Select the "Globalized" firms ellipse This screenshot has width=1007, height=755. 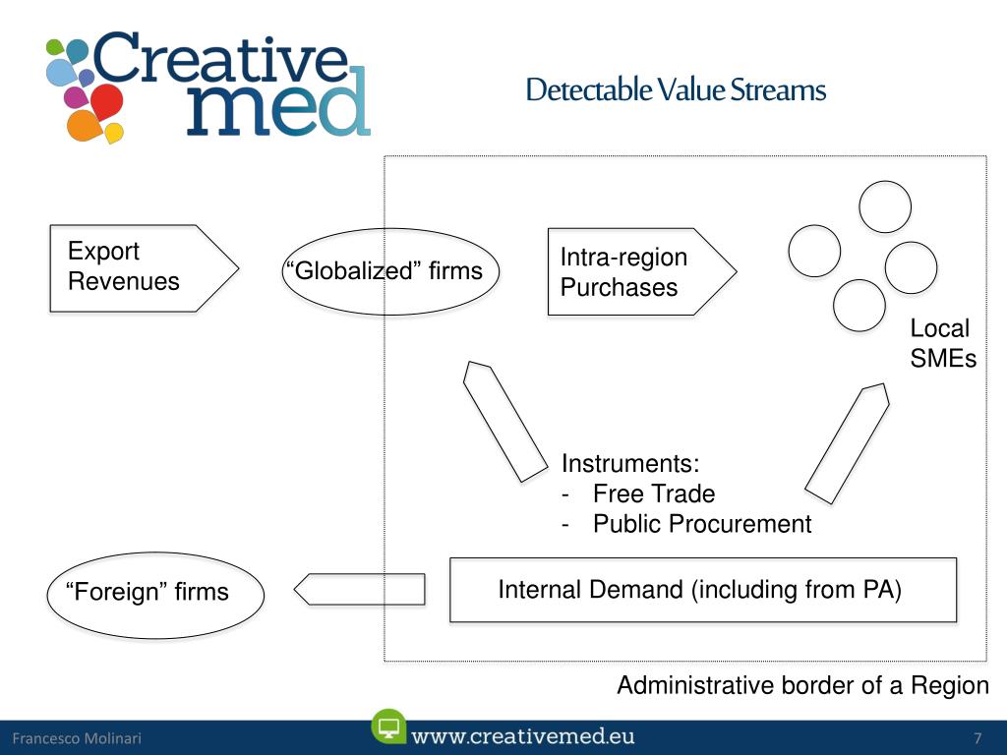click(x=389, y=271)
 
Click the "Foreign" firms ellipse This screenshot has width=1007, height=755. click(x=155, y=592)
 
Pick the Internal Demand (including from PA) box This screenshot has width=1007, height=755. click(x=702, y=590)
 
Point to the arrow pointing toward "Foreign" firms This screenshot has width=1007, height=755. click(x=360, y=590)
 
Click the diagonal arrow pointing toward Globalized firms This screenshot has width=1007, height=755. click(x=504, y=422)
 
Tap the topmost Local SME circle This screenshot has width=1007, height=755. click(x=885, y=206)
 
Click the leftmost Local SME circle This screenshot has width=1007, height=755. click(x=814, y=251)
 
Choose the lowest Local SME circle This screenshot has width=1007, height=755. click(x=859, y=305)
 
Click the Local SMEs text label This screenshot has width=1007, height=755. click(x=942, y=344)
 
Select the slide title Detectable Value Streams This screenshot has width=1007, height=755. click(x=676, y=90)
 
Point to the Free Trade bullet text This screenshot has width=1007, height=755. click(x=654, y=494)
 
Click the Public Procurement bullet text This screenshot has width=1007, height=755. click(x=702, y=524)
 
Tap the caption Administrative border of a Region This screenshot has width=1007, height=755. click(x=802, y=686)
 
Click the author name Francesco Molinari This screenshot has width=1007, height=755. click(x=77, y=739)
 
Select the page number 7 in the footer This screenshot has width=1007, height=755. click(x=977, y=739)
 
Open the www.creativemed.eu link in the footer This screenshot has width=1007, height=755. click(x=523, y=736)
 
